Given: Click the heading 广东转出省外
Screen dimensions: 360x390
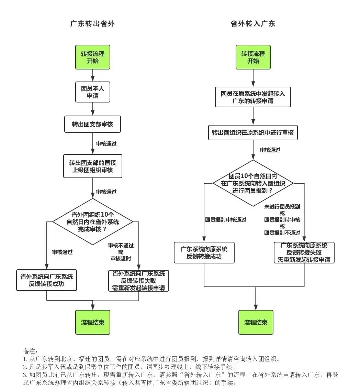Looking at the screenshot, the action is point(92,24).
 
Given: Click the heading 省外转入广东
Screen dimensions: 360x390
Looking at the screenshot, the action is point(253,24).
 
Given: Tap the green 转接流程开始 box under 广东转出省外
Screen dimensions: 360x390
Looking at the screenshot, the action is point(93,57).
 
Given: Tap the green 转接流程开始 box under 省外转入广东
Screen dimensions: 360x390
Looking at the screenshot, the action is point(253,57).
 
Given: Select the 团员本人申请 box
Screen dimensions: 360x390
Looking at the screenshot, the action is point(93,92).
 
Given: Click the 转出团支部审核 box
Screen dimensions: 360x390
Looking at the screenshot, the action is point(92,124).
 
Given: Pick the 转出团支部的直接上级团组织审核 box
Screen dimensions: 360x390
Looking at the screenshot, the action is point(93,166).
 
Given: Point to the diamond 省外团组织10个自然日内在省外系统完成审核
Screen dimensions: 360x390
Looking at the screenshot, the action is point(93,221).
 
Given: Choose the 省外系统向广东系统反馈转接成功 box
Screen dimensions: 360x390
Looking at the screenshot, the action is point(46,280).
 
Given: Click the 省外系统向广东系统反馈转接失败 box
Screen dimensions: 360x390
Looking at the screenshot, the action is point(139,281).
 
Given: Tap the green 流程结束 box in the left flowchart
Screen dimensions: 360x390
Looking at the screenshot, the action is point(93,322).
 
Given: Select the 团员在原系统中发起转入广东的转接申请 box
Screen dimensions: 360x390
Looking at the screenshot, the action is point(253,97).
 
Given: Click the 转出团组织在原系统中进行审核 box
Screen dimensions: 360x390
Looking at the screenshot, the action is point(253,132).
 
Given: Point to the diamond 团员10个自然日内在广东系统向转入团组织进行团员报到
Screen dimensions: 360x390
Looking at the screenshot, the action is point(253,183).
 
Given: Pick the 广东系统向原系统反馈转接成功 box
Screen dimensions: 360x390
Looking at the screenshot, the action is point(204,252).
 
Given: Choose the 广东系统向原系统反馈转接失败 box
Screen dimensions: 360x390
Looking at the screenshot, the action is point(304,252).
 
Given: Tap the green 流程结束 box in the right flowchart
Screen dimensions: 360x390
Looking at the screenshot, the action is point(256,322).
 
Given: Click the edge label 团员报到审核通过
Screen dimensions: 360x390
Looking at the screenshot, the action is point(226,220).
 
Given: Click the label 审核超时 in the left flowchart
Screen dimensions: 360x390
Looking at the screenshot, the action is point(121,259).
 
